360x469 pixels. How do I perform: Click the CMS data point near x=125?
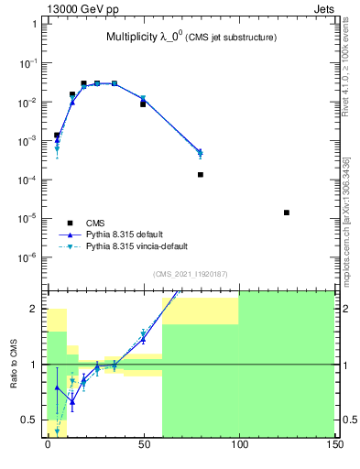click(287, 213)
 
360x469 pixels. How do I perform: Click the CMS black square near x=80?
click(201, 174)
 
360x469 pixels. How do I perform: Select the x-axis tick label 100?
click(238, 449)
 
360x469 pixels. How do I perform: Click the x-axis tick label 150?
click(333, 449)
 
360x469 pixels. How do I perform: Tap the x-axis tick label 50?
click(143, 449)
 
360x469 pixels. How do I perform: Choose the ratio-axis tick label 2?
click(36, 310)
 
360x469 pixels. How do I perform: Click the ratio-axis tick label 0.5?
click(31, 420)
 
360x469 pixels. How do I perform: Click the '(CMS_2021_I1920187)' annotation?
click(190, 273)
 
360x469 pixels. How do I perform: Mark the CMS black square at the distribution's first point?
click(57, 135)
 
